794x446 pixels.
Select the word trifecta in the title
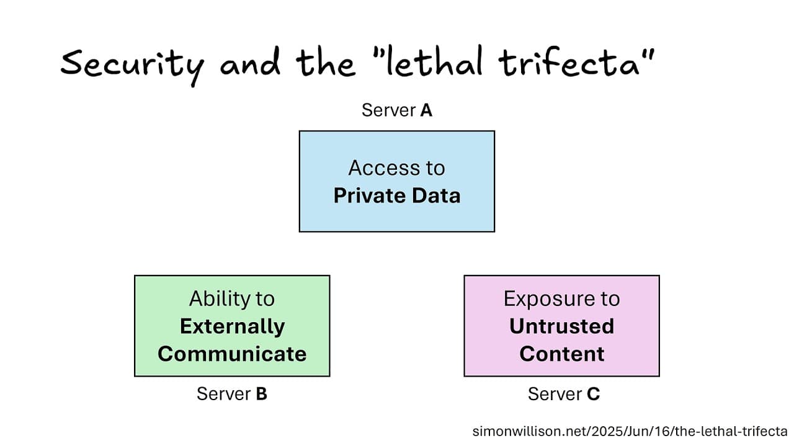[580, 64]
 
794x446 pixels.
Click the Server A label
[396, 110]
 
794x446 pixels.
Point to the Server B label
[231, 393]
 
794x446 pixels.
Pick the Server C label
[563, 394]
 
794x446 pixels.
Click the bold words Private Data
[396, 196]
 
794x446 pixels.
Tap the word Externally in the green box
[232, 326]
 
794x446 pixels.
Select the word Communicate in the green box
[232, 354]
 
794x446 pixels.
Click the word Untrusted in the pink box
[561, 326]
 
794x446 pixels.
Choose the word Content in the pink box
[561, 354]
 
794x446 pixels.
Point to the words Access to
[396, 168]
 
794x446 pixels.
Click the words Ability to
[232, 299]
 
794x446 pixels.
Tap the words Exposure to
[561, 299]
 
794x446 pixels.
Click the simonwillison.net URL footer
[630, 431]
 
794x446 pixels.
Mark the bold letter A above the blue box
[426, 110]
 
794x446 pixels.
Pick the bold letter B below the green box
[261, 393]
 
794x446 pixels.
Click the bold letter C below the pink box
[593, 394]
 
